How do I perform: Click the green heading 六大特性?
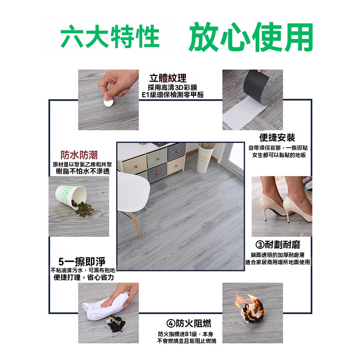[x=110, y=36]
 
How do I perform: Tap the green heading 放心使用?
[x=251, y=37]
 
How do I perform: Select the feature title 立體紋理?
[x=168, y=78]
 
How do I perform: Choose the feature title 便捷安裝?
[x=277, y=138]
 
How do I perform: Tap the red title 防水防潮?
[x=79, y=155]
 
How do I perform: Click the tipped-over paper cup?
[x=71, y=196]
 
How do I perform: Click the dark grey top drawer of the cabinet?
[x=176, y=152]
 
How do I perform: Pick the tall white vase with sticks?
[x=206, y=158]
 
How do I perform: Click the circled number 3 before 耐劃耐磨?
[x=260, y=245]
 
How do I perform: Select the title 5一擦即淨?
[x=82, y=261]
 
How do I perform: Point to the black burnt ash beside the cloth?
[x=116, y=324]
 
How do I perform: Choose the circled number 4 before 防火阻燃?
[x=171, y=324]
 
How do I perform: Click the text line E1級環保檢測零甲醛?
[x=172, y=94]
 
